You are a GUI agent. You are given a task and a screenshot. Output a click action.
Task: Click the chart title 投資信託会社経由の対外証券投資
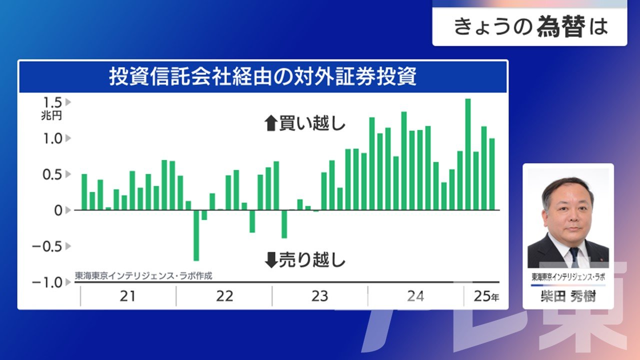(x=262, y=76)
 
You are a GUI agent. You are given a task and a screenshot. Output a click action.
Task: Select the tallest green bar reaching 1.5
(x=468, y=154)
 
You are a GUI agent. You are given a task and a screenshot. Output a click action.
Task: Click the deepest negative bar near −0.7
(x=196, y=235)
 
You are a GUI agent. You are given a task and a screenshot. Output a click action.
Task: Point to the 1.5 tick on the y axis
(x=52, y=102)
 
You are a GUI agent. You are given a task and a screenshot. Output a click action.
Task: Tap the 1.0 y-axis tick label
(x=52, y=138)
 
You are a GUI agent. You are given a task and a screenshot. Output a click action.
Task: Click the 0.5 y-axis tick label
(x=52, y=174)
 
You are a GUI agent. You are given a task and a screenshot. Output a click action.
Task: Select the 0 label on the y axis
(x=58, y=210)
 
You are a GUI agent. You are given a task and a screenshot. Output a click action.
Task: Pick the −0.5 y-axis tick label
(x=47, y=246)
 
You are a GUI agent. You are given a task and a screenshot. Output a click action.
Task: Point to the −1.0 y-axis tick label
(x=47, y=282)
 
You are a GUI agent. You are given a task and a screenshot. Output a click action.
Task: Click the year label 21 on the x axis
(x=127, y=296)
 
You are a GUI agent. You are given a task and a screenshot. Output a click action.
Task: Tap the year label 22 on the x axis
(x=224, y=296)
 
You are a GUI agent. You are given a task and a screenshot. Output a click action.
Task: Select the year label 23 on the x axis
(x=319, y=296)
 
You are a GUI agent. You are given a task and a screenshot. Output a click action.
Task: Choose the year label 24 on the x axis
(x=415, y=296)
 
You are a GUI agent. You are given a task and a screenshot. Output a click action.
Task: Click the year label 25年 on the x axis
(x=486, y=296)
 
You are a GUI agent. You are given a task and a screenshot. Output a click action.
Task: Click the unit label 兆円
(x=51, y=115)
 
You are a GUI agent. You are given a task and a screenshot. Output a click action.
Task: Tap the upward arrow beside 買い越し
(x=271, y=123)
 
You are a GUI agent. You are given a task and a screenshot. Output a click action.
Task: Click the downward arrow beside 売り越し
(x=271, y=260)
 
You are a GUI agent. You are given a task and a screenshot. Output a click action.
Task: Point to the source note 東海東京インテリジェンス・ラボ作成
(x=143, y=276)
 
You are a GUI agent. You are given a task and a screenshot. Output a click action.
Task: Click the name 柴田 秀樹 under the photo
(x=568, y=296)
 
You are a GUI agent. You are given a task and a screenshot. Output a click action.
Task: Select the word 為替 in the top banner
(x=561, y=27)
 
